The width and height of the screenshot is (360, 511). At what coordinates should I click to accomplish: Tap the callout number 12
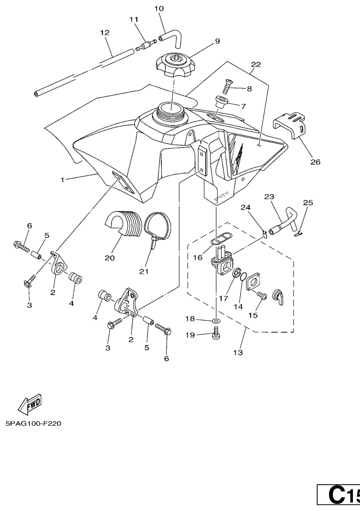click(105, 33)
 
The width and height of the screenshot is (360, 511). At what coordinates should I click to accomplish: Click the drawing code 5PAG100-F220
click(33, 423)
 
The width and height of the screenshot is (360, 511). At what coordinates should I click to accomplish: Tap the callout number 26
click(315, 162)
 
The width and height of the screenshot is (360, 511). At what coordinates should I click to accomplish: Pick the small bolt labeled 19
click(216, 335)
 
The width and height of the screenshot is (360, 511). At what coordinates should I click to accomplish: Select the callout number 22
click(256, 64)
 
